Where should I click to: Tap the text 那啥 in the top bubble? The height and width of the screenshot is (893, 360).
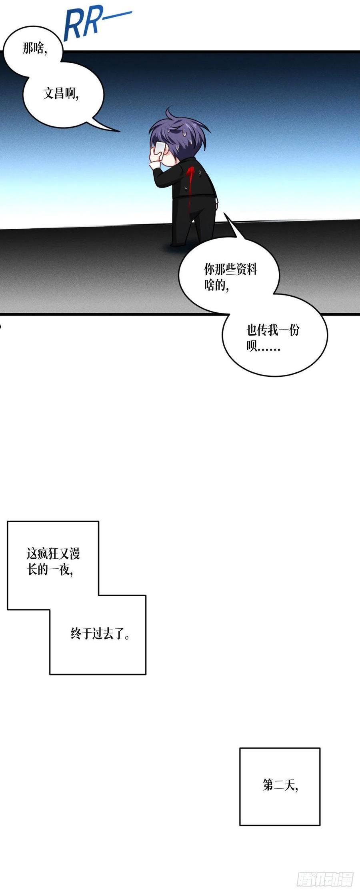click(33, 49)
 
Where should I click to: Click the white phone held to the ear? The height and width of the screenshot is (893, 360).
click(159, 148)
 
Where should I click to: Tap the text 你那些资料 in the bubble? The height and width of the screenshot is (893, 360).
click(230, 269)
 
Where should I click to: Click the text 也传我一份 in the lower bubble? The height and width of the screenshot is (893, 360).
click(273, 330)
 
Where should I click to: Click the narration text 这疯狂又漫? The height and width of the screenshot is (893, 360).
click(53, 553)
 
